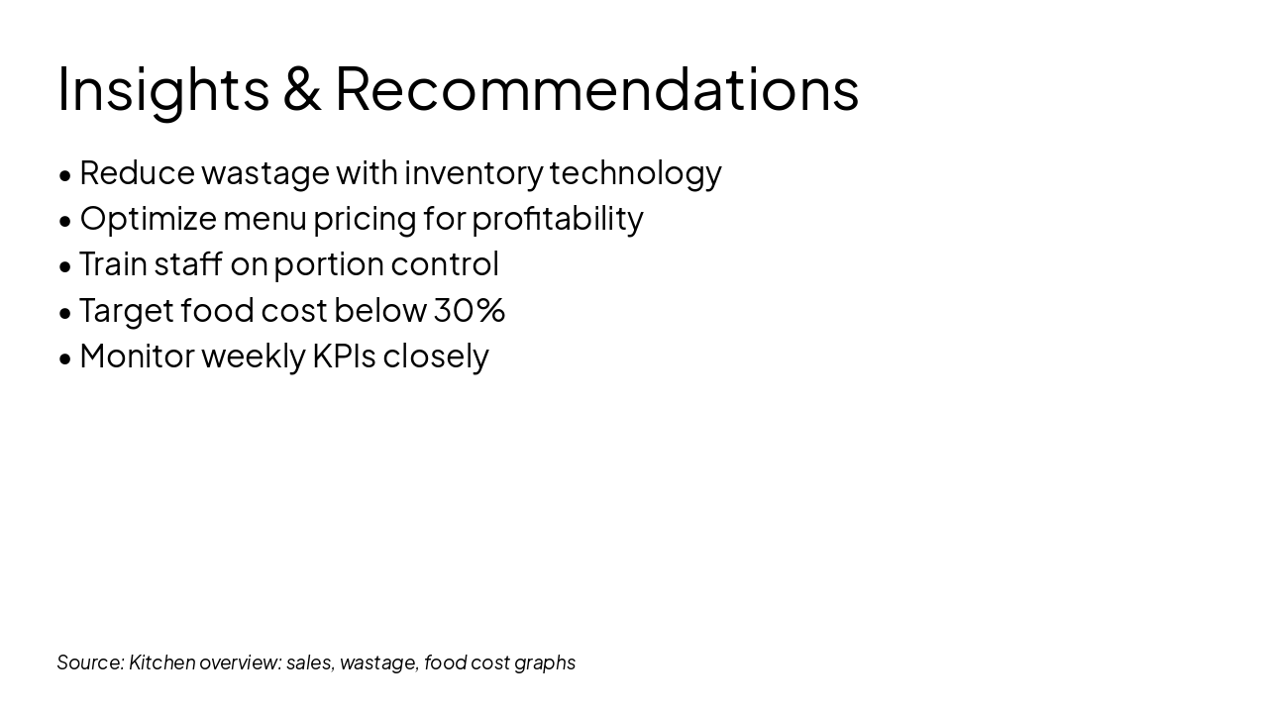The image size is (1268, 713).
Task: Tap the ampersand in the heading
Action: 302,88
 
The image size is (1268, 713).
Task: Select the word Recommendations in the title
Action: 597,88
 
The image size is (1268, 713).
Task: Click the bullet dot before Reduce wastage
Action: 65,175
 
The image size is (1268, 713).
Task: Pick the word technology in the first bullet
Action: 635,173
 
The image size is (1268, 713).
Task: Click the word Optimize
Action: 149,219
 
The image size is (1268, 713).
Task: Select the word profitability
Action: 558,219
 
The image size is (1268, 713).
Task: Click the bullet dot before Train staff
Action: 65,267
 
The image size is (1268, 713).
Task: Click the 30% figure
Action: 470,310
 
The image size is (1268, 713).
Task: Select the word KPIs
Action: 344,356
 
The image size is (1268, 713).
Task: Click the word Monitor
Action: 137,356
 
